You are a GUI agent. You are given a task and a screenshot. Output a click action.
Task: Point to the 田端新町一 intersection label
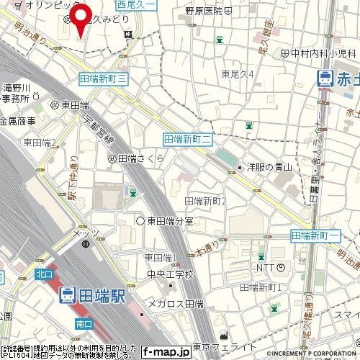point(314,236)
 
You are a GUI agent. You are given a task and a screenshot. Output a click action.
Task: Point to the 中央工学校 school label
point(168,274)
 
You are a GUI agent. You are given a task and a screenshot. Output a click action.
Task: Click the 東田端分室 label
point(170,220)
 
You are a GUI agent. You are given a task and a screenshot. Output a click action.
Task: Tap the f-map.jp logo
point(165,353)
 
